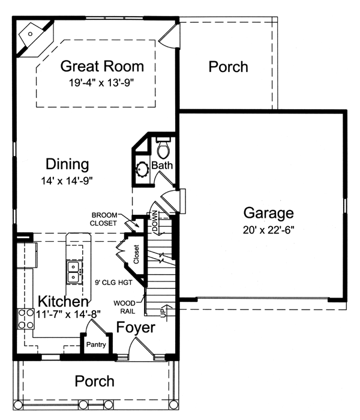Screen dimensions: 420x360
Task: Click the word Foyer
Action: tap(136, 328)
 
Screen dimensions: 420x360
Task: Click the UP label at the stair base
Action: tap(163, 313)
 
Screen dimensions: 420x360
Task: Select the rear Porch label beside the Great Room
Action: tap(228, 67)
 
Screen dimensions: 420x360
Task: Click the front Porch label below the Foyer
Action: tap(94, 381)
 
